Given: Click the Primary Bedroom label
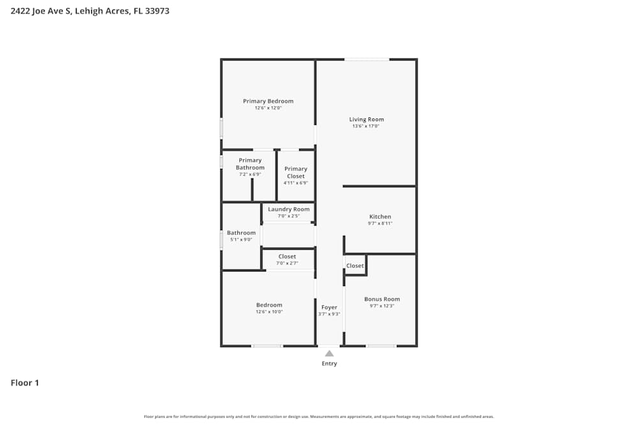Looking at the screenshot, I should (x=268, y=101).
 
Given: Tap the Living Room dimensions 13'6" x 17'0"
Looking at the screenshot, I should (x=366, y=126).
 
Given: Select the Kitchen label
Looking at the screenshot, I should (x=380, y=217).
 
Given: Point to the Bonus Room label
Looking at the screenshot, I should (x=382, y=299).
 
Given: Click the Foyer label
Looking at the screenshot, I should (x=329, y=307).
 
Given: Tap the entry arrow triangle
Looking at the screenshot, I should (x=329, y=354).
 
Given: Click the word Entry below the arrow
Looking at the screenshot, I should (x=329, y=364).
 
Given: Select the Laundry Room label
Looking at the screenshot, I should (x=288, y=209).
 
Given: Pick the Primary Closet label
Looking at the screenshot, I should (x=295, y=172).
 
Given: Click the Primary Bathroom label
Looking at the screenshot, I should (x=250, y=164).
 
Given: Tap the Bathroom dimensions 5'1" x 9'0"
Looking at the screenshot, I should (x=241, y=240).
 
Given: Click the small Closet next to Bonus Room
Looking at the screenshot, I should (x=355, y=266).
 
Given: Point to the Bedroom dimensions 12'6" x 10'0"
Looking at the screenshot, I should (x=269, y=312).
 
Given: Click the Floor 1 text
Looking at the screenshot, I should (x=25, y=383).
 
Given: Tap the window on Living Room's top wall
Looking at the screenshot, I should (x=367, y=59).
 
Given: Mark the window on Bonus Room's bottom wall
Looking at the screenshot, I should (x=381, y=346).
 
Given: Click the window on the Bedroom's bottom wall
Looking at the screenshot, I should (x=267, y=346).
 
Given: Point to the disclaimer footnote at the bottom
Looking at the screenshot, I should (x=319, y=417).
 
